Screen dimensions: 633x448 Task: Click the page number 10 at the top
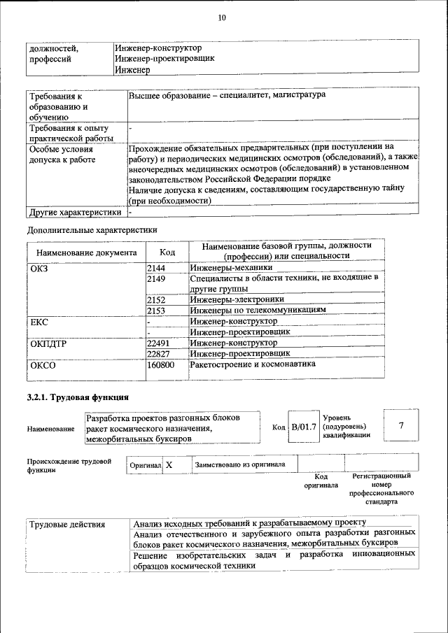(223, 17)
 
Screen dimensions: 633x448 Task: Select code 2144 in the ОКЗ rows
(157, 267)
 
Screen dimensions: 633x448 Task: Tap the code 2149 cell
(157, 278)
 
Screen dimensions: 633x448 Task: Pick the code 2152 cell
(157, 299)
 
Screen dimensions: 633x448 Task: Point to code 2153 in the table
(157, 310)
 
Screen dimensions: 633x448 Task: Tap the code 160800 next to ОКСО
(162, 364)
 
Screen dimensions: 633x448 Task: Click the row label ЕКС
(39, 322)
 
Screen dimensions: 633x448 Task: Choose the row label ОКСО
(43, 364)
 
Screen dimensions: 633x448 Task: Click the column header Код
(167, 252)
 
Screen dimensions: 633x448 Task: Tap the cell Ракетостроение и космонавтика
(253, 364)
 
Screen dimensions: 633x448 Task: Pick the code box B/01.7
(304, 426)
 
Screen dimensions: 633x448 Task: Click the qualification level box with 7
(401, 426)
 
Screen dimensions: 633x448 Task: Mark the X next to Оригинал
(169, 464)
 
